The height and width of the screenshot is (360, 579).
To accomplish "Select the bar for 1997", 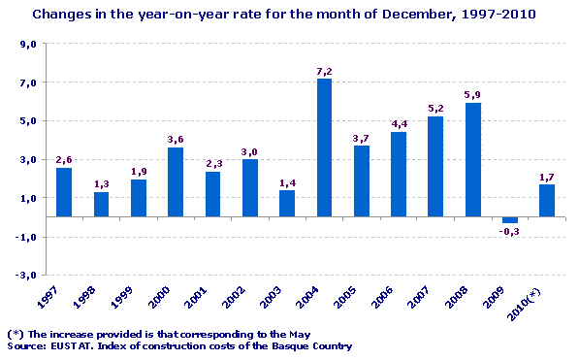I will point(64,192).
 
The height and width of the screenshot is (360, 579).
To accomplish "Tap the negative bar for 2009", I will point(509,220).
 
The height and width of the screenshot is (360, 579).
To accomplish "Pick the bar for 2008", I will point(472,160).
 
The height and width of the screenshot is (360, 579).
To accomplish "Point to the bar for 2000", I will point(176,182).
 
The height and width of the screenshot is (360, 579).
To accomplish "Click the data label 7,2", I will point(324,71).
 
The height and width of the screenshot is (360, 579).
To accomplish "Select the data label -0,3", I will point(509,232).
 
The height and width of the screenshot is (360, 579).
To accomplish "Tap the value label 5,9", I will point(472,95).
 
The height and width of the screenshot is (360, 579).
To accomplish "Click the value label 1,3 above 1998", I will point(101,183).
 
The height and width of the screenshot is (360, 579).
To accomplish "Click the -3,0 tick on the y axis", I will point(26,275).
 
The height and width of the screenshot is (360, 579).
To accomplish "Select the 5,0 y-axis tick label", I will point(28,122).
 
